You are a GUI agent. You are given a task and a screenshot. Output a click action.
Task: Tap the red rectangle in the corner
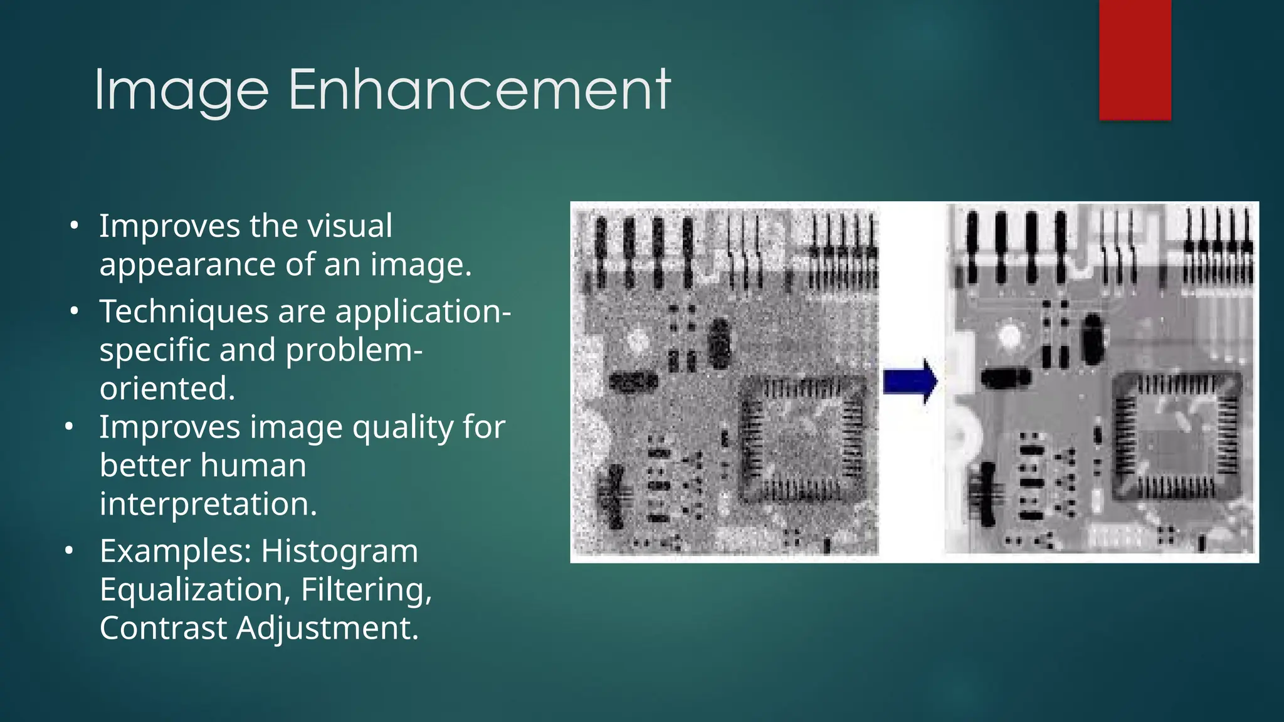pos(1135,60)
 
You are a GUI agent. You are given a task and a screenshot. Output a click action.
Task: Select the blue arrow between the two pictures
pos(910,381)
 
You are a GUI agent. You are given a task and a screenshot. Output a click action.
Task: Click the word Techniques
pos(182,311)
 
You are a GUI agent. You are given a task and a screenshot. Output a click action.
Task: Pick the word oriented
pos(167,389)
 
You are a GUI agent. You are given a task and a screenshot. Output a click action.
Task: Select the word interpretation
pos(208,504)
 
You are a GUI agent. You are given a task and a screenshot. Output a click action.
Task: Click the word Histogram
pos(339,552)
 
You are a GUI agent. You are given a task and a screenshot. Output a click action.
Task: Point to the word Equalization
pos(194,590)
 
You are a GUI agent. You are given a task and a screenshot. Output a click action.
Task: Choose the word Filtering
pos(366,590)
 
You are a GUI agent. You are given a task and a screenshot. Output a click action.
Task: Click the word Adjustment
pos(327,629)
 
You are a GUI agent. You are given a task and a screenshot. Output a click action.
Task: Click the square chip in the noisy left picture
pos(803,439)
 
